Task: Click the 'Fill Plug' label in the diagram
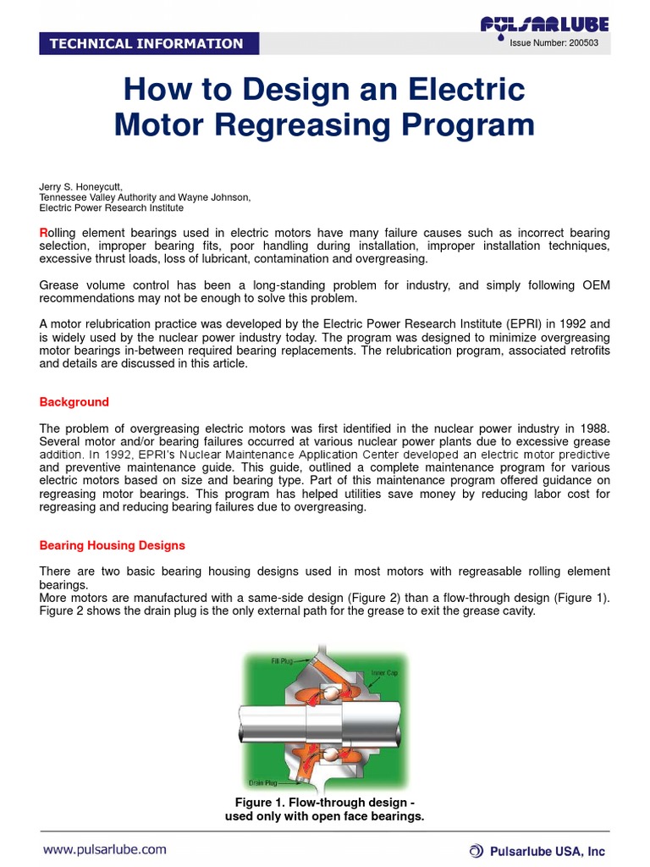[282, 661]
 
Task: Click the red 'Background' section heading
[74, 402]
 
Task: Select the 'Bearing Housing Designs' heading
[113, 545]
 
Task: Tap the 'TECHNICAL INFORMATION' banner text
[146, 44]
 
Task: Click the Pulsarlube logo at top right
[544, 25]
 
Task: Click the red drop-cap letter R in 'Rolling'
[44, 233]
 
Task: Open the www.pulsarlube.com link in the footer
[105, 849]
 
